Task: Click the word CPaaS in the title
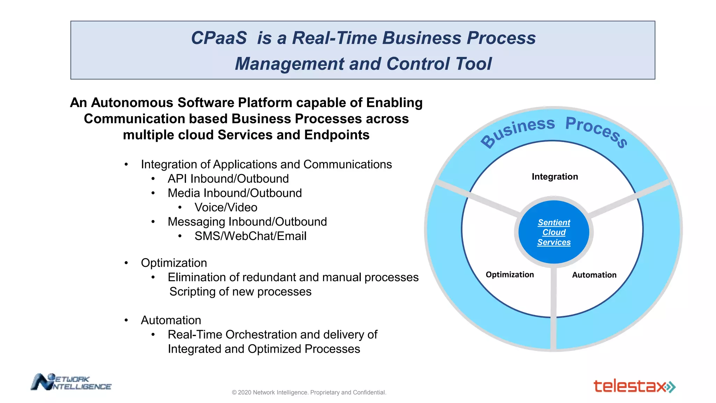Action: tap(219, 38)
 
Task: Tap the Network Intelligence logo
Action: tap(71, 382)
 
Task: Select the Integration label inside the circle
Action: tap(554, 177)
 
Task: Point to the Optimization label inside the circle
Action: tap(509, 275)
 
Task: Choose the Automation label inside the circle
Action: tap(594, 275)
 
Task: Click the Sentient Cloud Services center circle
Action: tap(554, 232)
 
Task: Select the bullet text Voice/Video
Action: tap(226, 207)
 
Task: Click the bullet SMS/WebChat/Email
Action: tap(250, 236)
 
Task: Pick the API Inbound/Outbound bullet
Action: tap(228, 179)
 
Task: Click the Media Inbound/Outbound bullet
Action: tap(235, 193)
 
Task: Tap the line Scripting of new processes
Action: tap(240, 292)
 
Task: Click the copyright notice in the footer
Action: tap(309, 393)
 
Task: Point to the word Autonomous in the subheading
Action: tap(132, 103)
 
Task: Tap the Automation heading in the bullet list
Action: tap(171, 320)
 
